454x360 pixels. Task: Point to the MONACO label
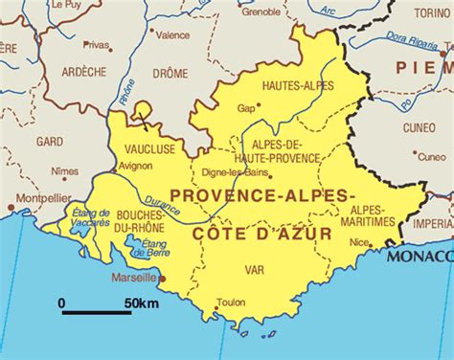420,257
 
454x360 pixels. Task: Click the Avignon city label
135,166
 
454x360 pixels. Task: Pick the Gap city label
245,108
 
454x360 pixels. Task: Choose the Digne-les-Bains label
233,173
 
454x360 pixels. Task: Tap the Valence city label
173,35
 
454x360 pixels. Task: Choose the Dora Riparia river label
412,42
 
